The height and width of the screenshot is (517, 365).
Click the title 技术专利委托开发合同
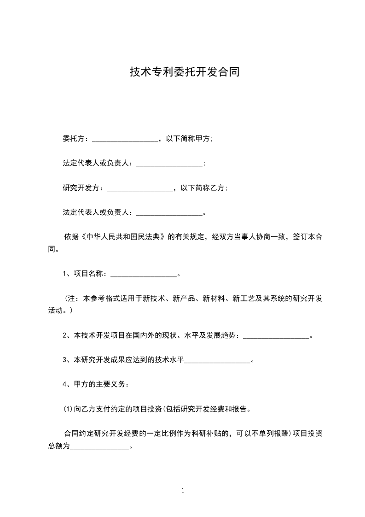click(x=182, y=72)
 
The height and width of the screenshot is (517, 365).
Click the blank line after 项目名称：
click(x=144, y=274)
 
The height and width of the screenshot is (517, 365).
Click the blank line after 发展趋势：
click(x=276, y=336)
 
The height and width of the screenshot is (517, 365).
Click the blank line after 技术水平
click(x=217, y=361)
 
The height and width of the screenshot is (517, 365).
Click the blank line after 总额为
click(x=99, y=446)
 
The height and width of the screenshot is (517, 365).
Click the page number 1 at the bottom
click(x=183, y=491)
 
